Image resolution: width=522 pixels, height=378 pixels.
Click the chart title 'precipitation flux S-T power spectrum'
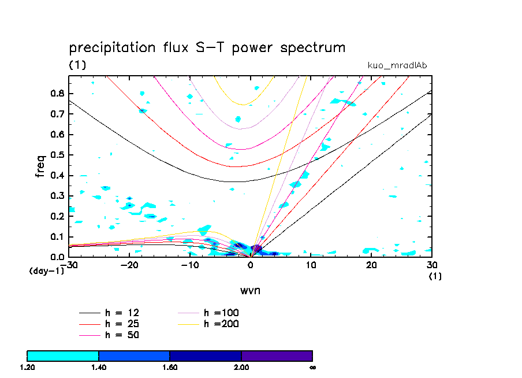(207, 47)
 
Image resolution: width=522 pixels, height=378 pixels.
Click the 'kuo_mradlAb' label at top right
(397, 65)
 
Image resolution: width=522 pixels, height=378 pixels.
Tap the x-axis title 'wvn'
(250, 290)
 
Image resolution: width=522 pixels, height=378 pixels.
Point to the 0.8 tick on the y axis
(57, 94)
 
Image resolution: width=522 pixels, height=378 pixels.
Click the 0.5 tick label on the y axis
(57, 155)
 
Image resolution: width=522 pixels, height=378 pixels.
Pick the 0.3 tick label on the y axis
(57, 196)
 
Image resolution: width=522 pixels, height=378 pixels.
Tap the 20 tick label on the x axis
(372, 265)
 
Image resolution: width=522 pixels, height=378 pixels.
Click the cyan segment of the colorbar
(63, 355)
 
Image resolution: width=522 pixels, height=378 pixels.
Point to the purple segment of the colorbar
(277, 355)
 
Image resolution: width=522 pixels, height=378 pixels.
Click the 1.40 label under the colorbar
(99, 367)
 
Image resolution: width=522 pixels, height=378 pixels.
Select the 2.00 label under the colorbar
(241, 367)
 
